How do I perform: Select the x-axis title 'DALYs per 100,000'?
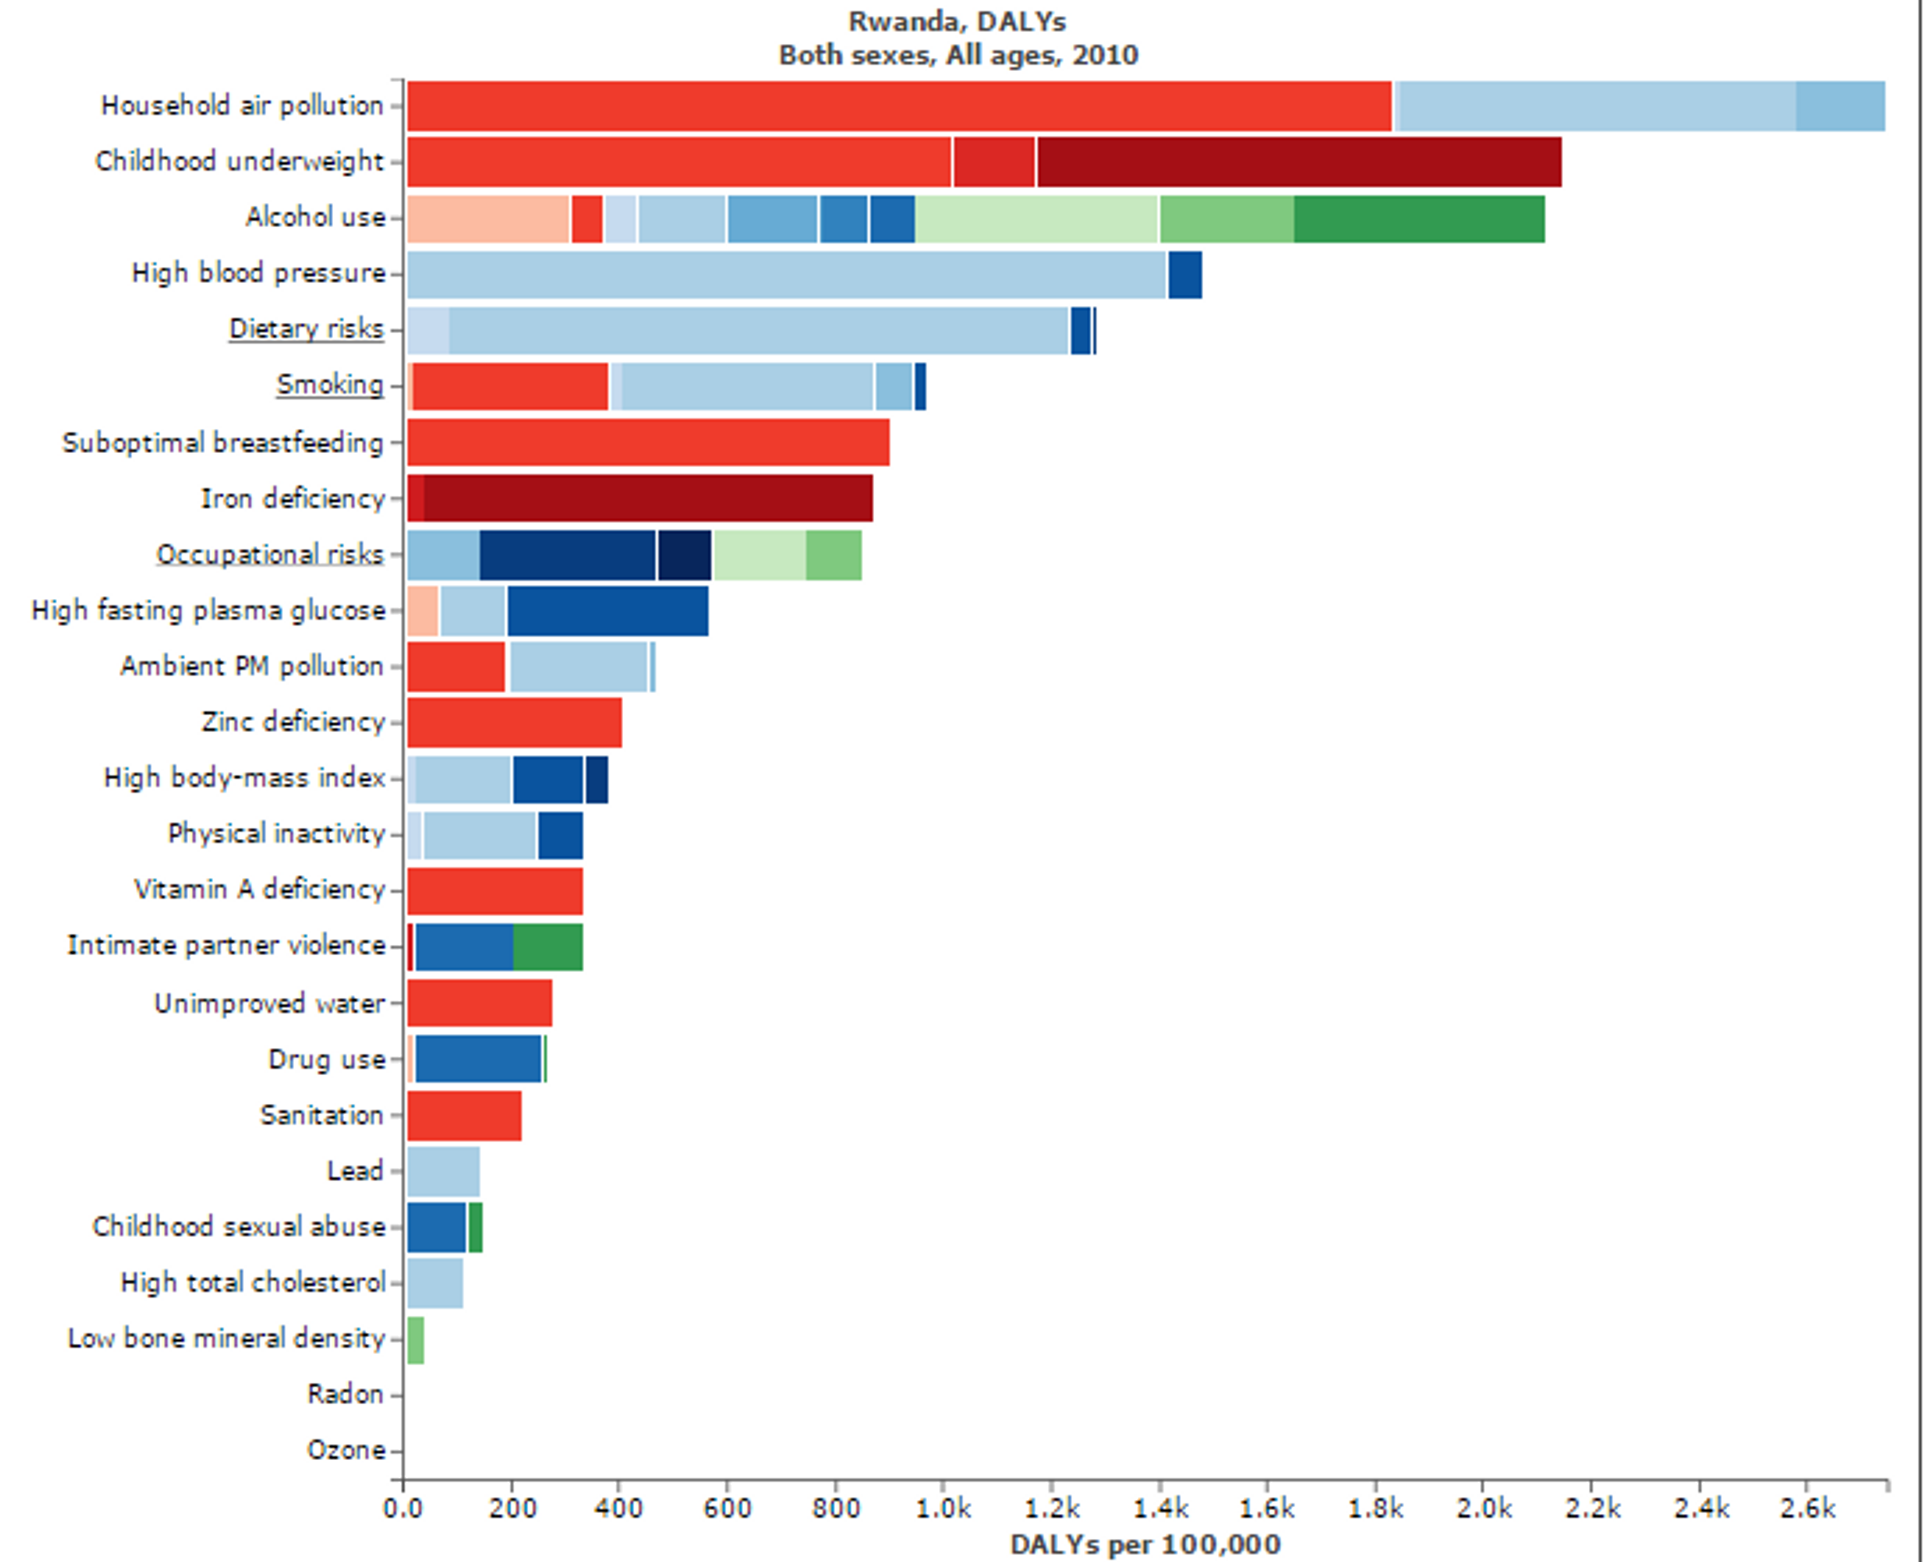[1144, 1544]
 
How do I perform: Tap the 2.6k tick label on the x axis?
[1807, 1508]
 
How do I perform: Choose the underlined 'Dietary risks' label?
[306, 328]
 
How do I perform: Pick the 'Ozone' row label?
[346, 1450]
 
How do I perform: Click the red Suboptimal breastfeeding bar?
[648, 443]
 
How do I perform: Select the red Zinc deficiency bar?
[514, 722]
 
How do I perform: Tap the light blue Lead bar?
[443, 1170]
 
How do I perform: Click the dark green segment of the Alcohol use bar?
[1419, 219]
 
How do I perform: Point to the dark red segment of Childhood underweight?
[1298, 162]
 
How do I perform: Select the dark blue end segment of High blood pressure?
[1185, 275]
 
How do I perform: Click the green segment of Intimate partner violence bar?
[548, 947]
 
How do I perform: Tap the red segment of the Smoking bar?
[510, 386]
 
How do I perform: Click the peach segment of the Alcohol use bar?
[488, 219]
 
